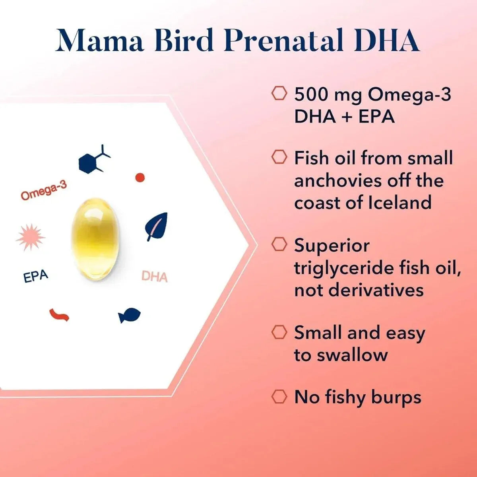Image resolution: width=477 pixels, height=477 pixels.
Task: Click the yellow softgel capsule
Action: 95,239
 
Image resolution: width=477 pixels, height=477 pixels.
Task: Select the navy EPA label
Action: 36,276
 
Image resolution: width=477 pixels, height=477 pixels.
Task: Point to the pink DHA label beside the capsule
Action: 155,276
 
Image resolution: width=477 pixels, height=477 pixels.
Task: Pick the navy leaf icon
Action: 157,227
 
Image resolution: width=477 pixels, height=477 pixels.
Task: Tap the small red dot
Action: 140,178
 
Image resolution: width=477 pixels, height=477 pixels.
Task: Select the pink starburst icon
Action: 30,237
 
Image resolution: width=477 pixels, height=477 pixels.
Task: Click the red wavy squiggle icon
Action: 59,315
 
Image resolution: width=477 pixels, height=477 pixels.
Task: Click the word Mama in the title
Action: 100,41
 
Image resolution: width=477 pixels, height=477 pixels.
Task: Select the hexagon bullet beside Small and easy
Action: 279,332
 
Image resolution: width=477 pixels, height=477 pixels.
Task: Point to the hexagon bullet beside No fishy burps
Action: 279,396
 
